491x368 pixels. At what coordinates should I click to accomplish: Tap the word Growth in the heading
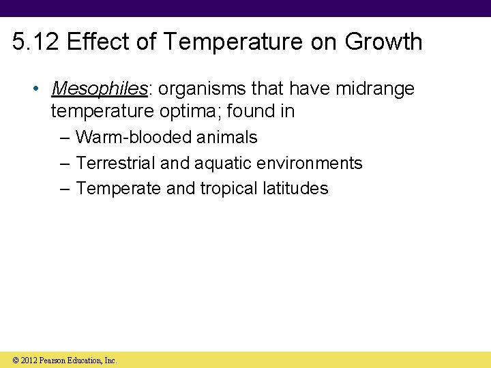tap(383, 42)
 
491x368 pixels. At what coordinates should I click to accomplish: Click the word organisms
tap(201, 89)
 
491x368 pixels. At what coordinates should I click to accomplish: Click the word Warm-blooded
tap(134, 138)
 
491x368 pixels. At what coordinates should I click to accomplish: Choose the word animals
tap(227, 138)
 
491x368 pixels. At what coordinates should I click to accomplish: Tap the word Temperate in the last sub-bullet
tap(119, 189)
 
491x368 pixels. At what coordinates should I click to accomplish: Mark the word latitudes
tap(295, 189)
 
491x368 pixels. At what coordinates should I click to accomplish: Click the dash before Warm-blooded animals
tap(63, 138)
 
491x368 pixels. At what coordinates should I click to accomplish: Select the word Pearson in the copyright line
tap(53, 361)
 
